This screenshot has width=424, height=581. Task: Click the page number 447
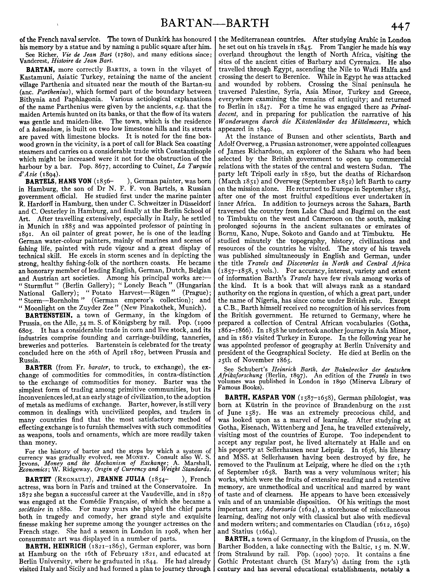401,26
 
